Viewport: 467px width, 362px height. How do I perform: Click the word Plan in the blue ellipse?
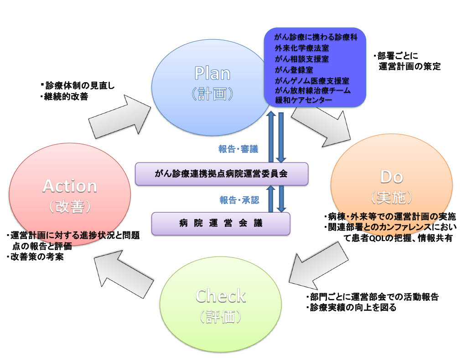tap(212, 73)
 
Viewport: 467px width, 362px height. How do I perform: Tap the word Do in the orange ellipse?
tap(392, 176)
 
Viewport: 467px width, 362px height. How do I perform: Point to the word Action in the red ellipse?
tap(70, 186)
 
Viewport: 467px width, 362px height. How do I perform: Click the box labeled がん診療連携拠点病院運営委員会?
tap(222, 174)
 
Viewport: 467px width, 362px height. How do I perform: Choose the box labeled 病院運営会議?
tap(221, 224)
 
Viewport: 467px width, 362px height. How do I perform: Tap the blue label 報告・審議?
tap(238, 149)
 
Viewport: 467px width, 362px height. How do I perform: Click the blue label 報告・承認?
tap(238, 200)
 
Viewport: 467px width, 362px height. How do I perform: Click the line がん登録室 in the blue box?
tap(295, 69)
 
